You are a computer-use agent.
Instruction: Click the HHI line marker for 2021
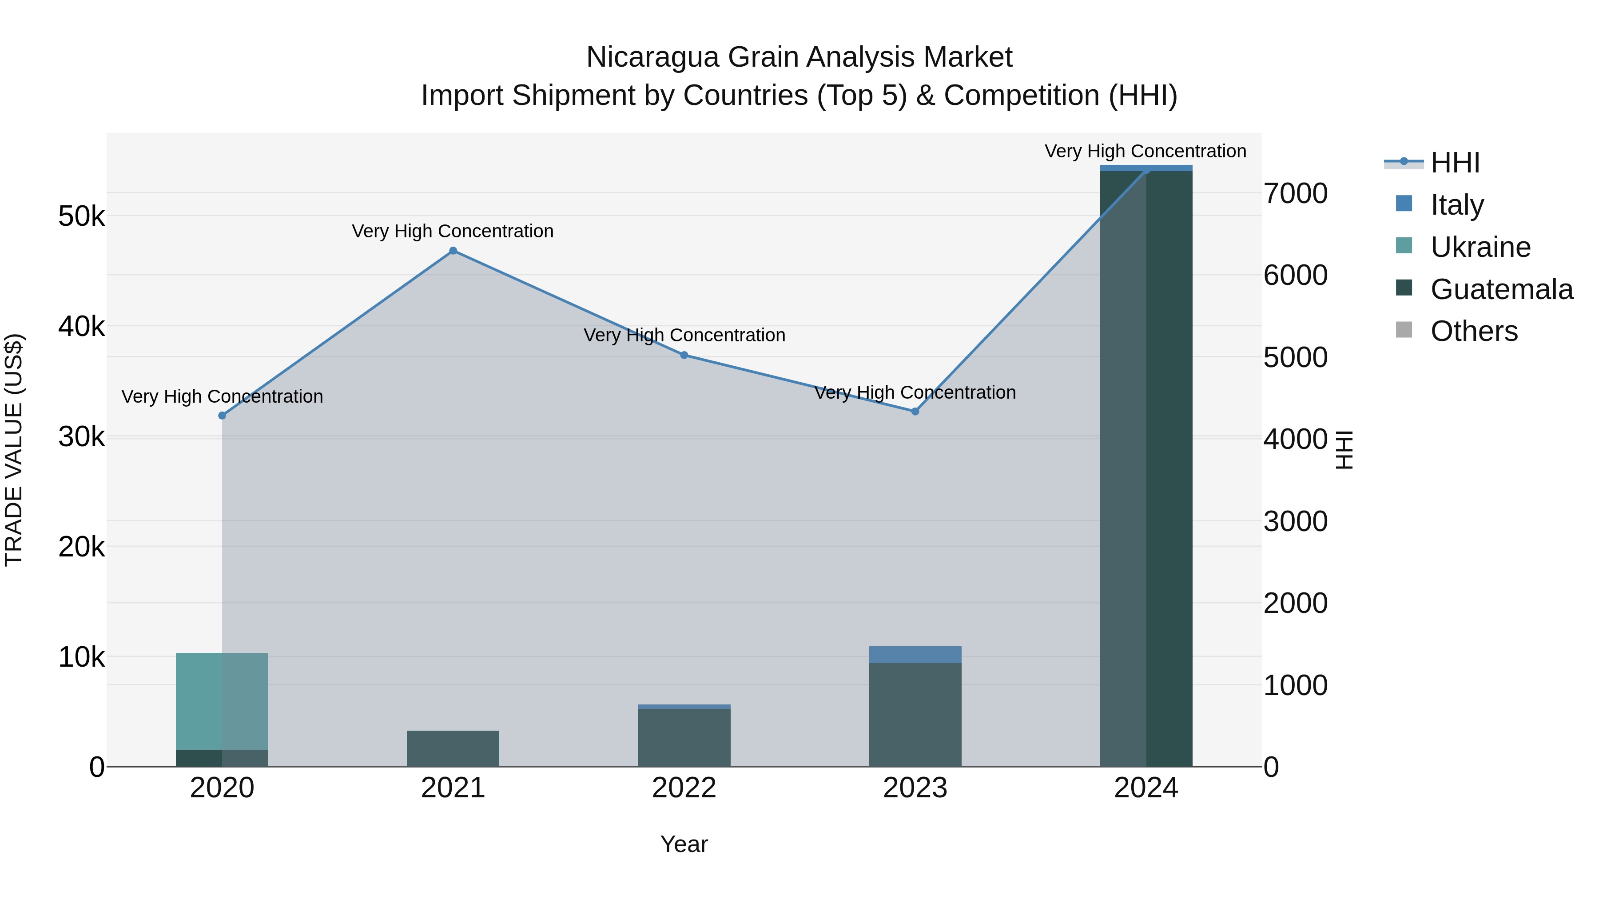(x=453, y=251)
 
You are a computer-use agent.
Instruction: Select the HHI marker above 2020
(x=222, y=416)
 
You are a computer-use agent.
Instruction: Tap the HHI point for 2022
(x=684, y=355)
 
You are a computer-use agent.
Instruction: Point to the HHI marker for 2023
(x=915, y=411)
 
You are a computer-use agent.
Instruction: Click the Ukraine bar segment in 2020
(x=222, y=700)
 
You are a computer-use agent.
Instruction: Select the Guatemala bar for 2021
(x=453, y=748)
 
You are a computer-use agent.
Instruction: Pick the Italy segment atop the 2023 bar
(x=915, y=654)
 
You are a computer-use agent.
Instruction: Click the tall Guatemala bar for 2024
(x=1146, y=466)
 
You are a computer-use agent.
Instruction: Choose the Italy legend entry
(x=1456, y=204)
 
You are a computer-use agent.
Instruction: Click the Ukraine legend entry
(x=1480, y=247)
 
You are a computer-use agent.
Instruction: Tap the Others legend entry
(x=1474, y=331)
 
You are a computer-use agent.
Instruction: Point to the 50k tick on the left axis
(x=81, y=217)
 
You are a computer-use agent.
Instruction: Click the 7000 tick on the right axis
(x=1296, y=193)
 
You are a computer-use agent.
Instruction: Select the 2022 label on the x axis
(x=684, y=788)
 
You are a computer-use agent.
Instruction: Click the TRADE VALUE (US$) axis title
(x=14, y=450)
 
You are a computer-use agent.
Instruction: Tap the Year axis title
(x=684, y=844)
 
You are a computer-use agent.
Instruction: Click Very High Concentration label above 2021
(x=453, y=231)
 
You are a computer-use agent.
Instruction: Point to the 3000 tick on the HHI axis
(x=1296, y=521)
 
